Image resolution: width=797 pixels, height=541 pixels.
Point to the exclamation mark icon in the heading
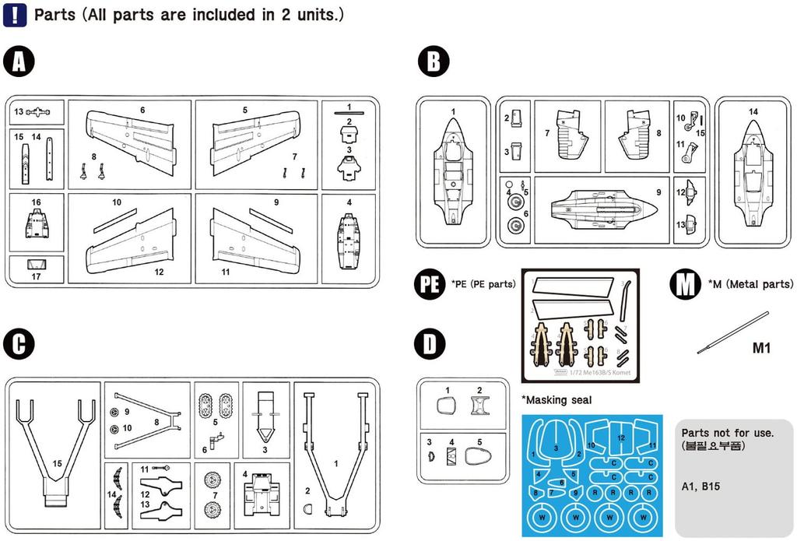15,15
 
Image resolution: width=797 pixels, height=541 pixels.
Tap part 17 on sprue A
37,265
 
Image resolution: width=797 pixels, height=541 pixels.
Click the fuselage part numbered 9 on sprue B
599,208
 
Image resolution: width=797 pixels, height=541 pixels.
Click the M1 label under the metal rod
760,348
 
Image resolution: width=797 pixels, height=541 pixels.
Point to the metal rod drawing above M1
732,332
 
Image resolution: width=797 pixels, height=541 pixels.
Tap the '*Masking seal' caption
557,399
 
